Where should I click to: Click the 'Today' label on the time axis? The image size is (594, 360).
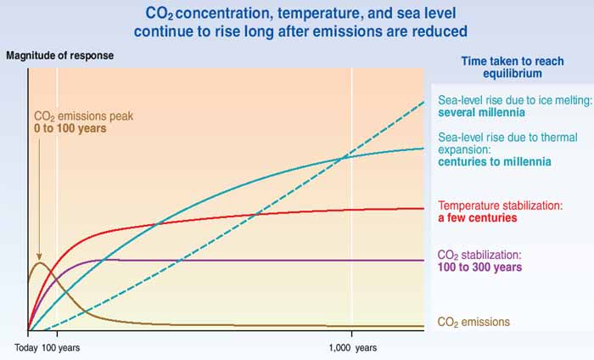pyautogui.click(x=27, y=348)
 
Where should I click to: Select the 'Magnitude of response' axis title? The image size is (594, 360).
pyautogui.click(x=59, y=56)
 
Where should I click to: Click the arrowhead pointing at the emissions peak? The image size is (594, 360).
pyautogui.click(x=38, y=256)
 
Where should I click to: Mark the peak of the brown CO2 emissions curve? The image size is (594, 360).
pyautogui.click(x=38, y=262)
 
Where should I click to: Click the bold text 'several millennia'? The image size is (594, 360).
pyautogui.click(x=477, y=111)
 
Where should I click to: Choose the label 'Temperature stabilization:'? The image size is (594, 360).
pyautogui.click(x=501, y=205)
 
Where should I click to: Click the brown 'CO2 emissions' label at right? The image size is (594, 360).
pyautogui.click(x=474, y=322)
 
